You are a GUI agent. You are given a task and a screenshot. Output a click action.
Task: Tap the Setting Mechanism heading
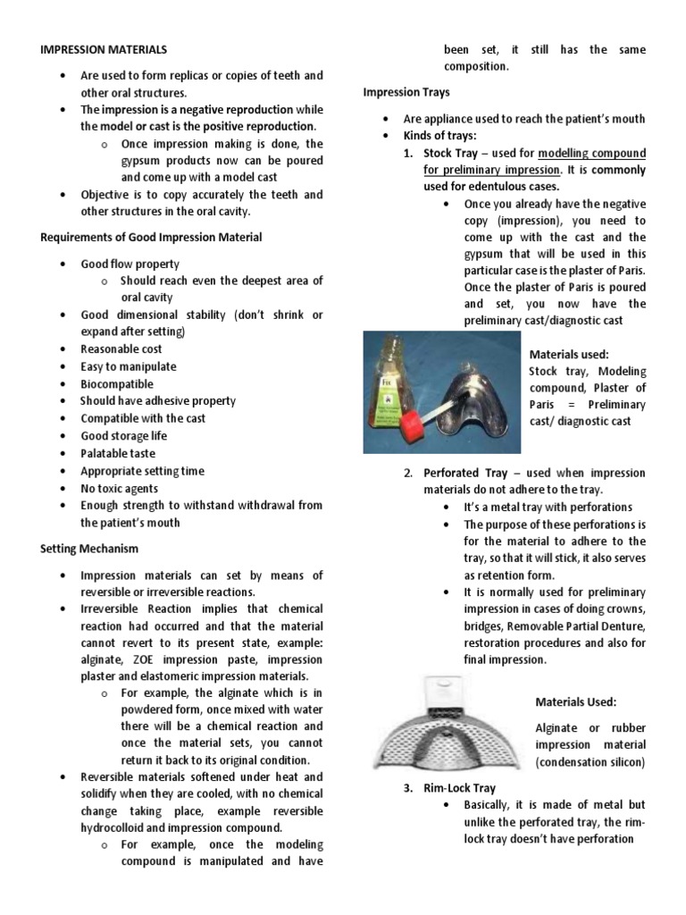pyautogui.click(x=89, y=548)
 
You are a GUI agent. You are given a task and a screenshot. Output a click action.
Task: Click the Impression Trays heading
pyautogui.click(x=406, y=92)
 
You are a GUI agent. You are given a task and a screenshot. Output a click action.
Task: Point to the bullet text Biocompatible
pyautogui.click(x=117, y=384)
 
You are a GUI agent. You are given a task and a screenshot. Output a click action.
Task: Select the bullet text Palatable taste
pyautogui.click(x=118, y=454)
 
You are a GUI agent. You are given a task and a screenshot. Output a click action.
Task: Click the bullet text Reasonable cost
pyautogui.click(x=122, y=349)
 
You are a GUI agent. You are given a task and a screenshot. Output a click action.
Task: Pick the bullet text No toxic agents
pyautogui.click(x=119, y=489)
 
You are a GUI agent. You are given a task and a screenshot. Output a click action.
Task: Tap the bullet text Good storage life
pyautogui.click(x=123, y=436)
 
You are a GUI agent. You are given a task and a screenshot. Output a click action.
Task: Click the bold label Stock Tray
pyautogui.click(x=453, y=154)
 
